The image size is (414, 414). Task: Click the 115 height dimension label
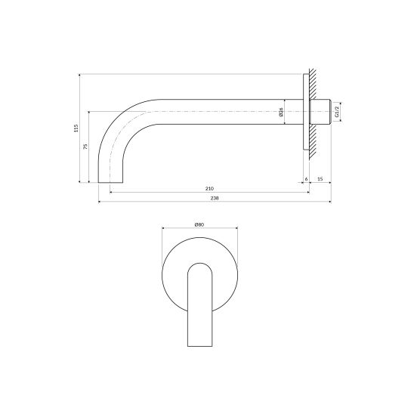point(76,128)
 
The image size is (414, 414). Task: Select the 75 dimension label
point(85,147)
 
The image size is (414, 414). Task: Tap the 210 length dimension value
point(209,189)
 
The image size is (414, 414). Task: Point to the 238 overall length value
point(215,198)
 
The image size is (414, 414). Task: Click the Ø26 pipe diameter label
point(281,113)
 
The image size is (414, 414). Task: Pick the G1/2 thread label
point(337,112)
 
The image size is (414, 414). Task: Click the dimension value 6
point(306,179)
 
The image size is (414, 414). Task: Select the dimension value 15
point(320,179)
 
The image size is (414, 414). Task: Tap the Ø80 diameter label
point(199,224)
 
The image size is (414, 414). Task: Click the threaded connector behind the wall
point(320,112)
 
